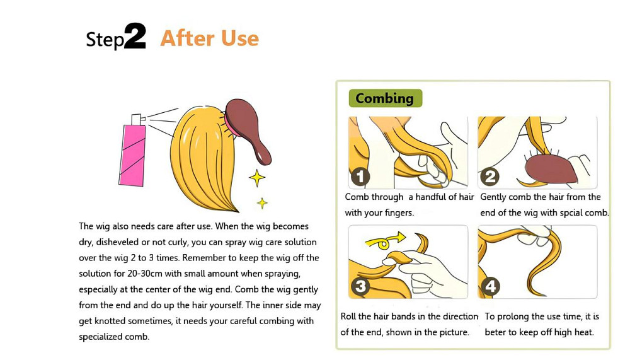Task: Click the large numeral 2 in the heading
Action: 135,36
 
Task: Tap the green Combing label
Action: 386,98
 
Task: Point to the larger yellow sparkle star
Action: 257,178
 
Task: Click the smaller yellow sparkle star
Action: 262,203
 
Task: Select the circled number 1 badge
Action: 360,177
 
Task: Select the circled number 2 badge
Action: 490,177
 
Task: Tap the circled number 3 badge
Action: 360,286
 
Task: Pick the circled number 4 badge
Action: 491,286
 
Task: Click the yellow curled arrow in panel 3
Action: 384,242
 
